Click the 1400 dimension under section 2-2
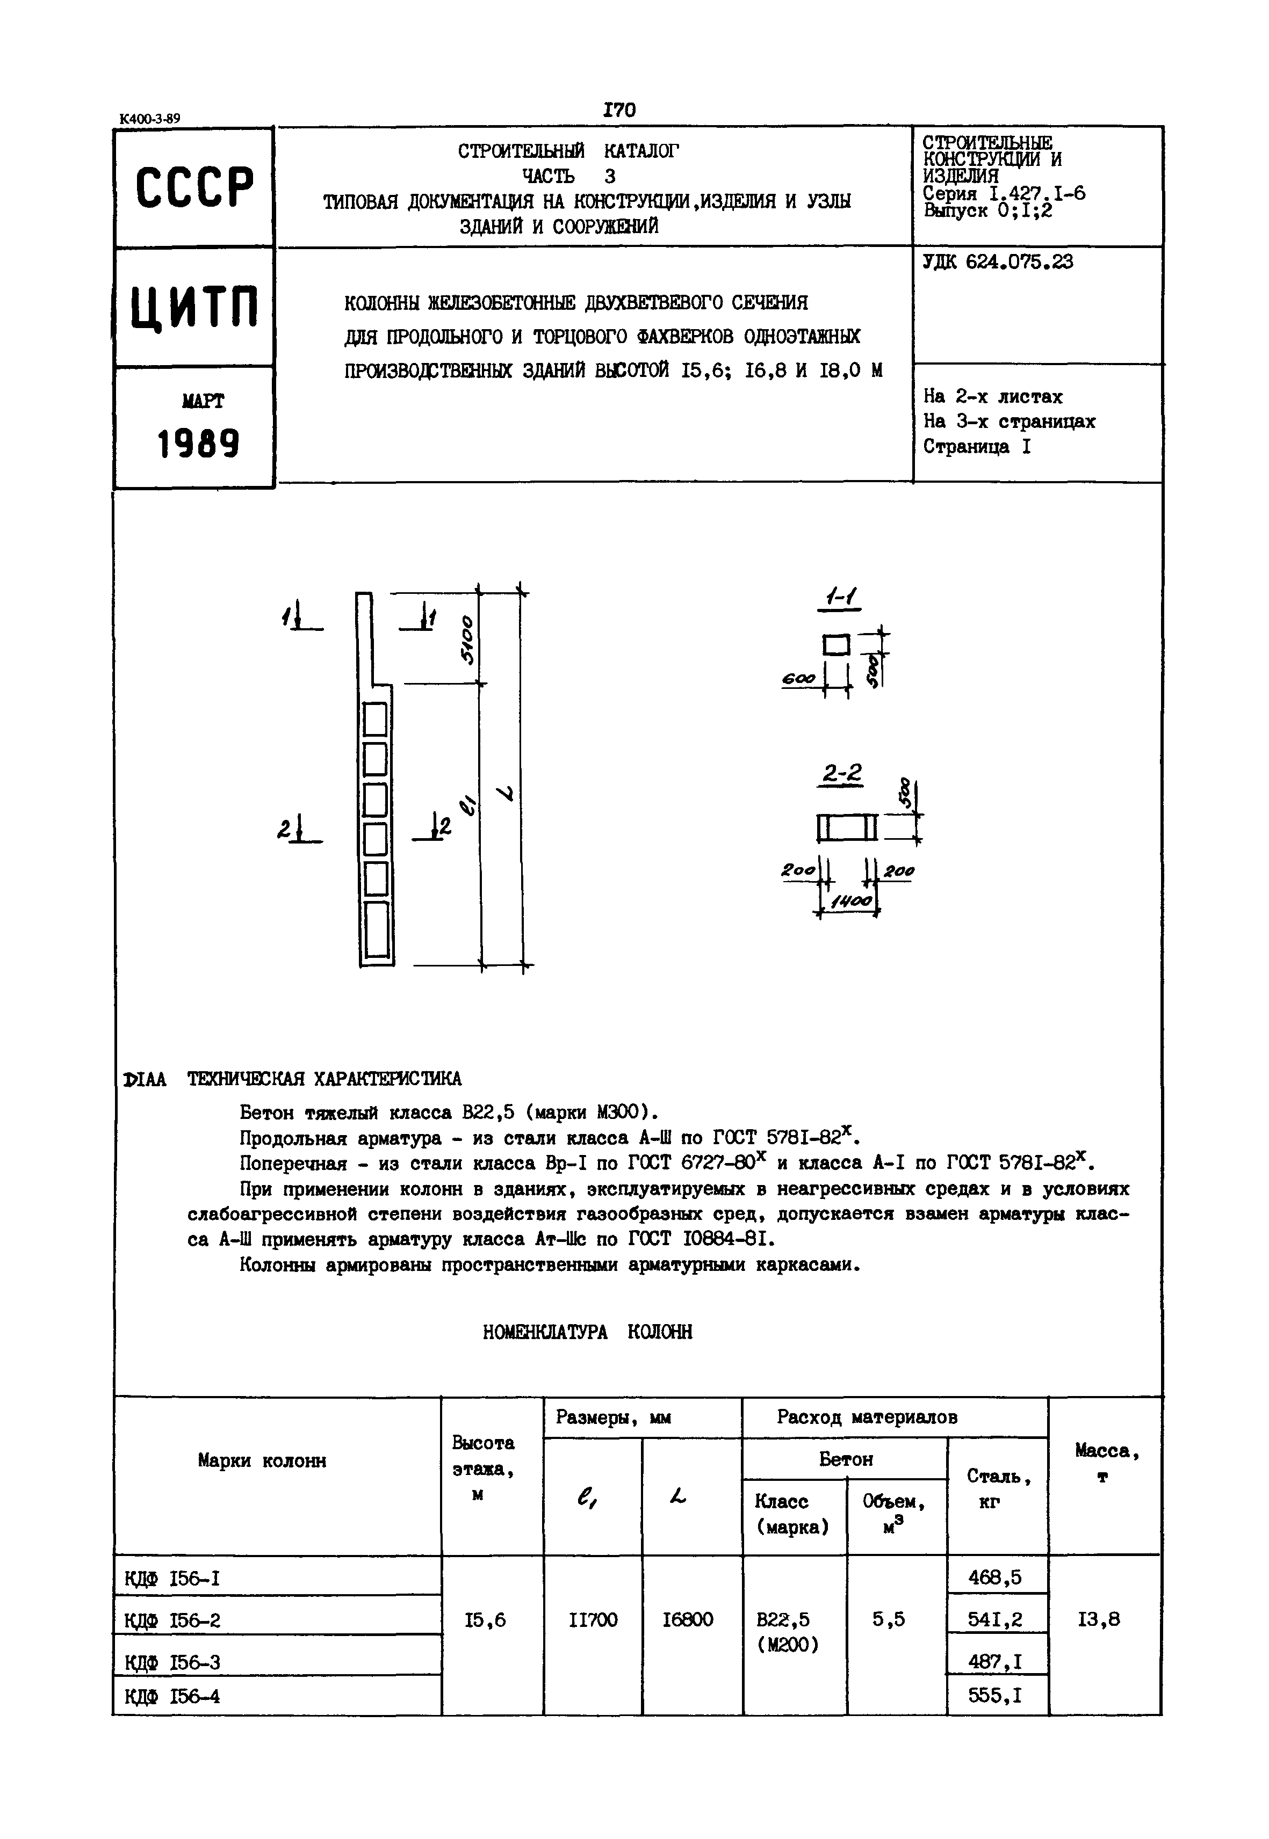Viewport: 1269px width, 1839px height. coord(852,902)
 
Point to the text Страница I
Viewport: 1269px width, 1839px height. coord(976,447)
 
